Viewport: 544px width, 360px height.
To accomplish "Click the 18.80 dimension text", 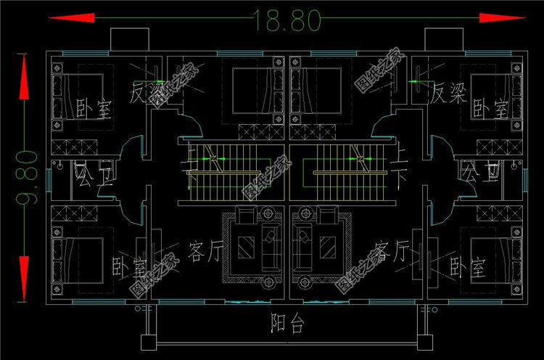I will [287, 20].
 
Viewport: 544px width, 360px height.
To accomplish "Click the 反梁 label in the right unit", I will [447, 93].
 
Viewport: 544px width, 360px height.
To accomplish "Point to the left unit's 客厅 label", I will [204, 251].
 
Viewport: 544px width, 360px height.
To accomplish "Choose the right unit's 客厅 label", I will [392, 251].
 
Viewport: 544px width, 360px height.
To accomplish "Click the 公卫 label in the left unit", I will [92, 174].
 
